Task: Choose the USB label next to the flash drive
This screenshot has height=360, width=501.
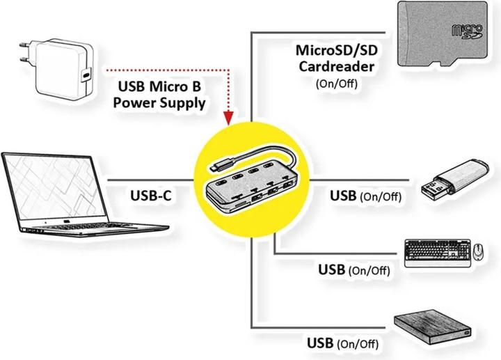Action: point(344,196)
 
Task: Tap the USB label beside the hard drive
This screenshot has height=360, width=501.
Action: point(321,343)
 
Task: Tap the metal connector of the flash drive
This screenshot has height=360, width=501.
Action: point(432,187)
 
